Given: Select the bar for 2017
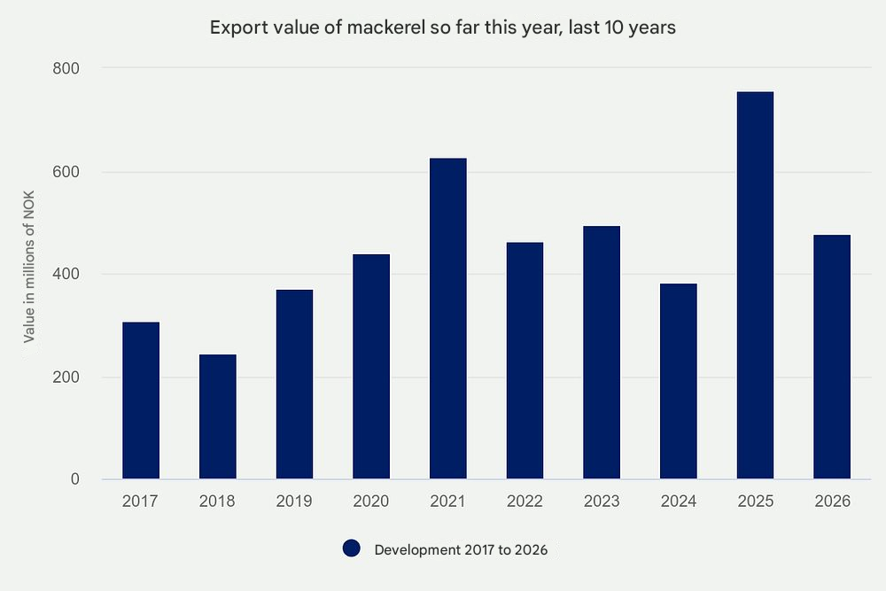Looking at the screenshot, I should [141, 400].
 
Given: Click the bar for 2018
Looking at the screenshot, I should [217, 416].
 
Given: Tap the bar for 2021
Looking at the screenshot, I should [447, 319].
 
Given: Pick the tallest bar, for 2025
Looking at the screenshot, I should [755, 285].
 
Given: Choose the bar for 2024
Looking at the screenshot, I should [678, 381].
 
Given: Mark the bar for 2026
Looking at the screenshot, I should [832, 357].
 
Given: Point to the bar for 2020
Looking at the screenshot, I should [371, 367].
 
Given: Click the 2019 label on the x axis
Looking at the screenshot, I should [294, 502].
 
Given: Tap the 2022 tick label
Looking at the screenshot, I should [525, 502].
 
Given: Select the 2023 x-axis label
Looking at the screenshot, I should [602, 502].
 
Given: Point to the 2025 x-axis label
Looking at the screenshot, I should [755, 502].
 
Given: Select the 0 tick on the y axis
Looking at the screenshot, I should [74, 479].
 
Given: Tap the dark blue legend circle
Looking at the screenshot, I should [352, 549].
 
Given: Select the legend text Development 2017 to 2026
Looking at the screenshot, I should [461, 550].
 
